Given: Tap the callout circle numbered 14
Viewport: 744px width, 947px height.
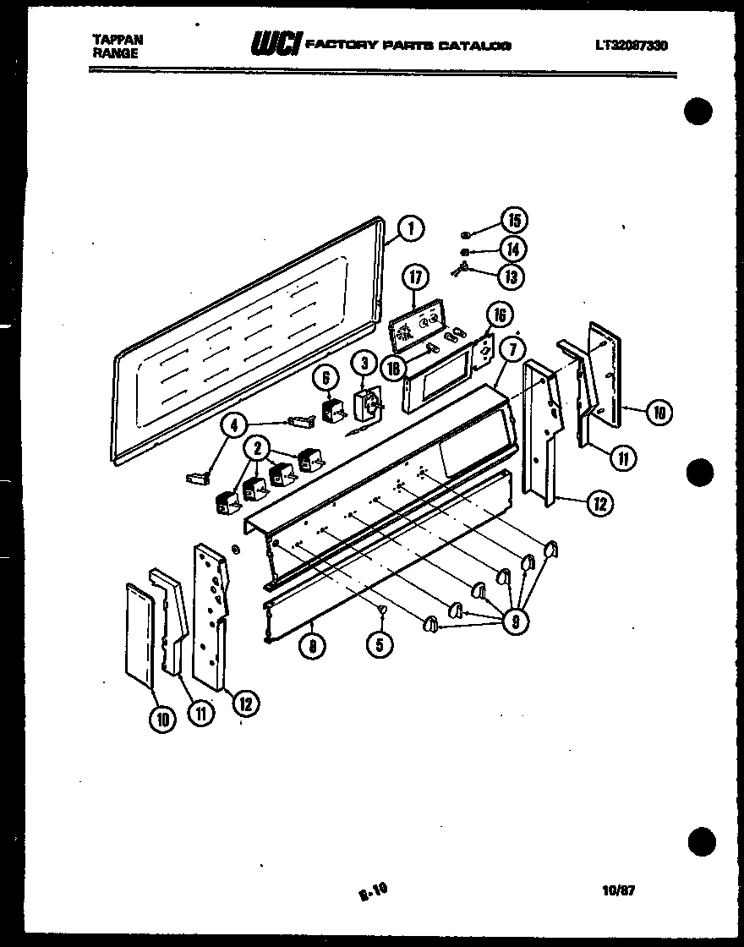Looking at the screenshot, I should tap(512, 249).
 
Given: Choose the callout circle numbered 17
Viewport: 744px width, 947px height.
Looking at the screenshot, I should tap(415, 277).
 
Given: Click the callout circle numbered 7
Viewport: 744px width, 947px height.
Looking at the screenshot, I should tap(512, 348).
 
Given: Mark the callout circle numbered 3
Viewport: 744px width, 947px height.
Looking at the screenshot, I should tap(364, 364).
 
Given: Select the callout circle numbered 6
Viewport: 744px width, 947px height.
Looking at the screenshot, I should tap(324, 379).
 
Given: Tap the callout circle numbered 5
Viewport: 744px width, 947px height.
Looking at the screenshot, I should tap(379, 645).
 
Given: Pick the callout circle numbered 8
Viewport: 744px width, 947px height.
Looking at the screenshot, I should tap(313, 646).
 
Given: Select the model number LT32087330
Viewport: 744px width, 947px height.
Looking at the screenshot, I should tap(631, 46).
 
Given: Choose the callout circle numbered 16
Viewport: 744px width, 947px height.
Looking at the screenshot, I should tap(499, 315).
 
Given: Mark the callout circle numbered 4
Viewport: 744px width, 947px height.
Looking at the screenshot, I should tap(236, 425).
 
